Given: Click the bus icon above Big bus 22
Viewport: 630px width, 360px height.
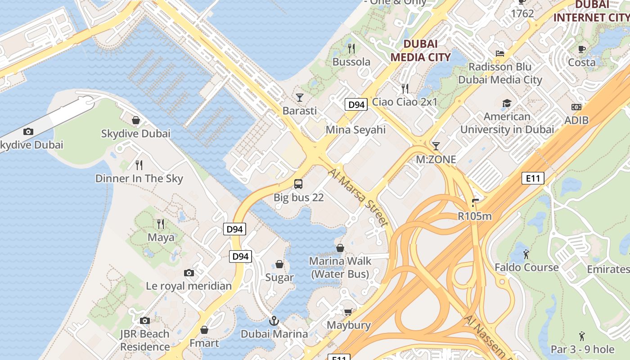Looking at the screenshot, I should click(298, 184).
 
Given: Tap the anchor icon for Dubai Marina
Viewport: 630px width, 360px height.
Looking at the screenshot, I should click(274, 321).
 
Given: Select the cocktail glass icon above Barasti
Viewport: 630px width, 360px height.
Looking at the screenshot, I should click(300, 97).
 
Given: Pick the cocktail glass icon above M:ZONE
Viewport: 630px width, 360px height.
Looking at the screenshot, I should click(436, 146).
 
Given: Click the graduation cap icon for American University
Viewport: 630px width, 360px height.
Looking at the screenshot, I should click(507, 103).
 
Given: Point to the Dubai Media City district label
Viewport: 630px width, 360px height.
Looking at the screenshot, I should click(420, 50).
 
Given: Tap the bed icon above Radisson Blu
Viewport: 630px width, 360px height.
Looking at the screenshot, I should click(499, 53).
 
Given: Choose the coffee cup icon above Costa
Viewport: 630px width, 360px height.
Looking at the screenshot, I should click(581, 49).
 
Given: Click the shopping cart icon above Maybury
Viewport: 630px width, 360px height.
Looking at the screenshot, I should click(348, 312).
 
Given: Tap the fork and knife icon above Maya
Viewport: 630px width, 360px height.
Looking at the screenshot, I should click(161, 224).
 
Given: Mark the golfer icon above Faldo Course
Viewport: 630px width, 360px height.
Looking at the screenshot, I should click(526, 254).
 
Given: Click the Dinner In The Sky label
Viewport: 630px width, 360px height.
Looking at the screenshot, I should click(139, 179).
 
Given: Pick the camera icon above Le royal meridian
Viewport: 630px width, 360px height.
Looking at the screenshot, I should click(189, 273).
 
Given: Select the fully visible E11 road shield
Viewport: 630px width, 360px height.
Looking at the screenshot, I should click(533, 178).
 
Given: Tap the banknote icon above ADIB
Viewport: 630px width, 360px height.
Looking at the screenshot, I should click(576, 107).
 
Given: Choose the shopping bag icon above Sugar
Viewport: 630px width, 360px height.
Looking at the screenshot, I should click(279, 264).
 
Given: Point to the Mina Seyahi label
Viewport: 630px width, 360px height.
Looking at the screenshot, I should click(355, 130).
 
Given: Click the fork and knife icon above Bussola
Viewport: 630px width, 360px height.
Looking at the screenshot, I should click(351, 48).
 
